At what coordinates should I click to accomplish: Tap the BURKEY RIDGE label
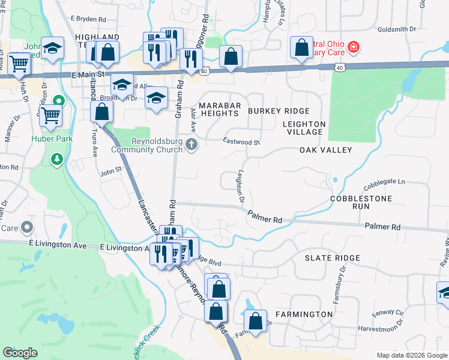pyautogui.click(x=279, y=111)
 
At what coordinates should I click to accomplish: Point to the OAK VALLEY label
pyautogui.click(x=325, y=150)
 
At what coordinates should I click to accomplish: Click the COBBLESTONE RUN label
pyautogui.click(x=361, y=202)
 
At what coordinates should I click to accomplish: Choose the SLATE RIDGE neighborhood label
pyautogui.click(x=332, y=258)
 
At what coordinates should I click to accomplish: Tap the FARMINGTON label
pyautogui.click(x=304, y=314)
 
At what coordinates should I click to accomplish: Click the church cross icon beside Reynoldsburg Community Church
pyautogui.click(x=191, y=143)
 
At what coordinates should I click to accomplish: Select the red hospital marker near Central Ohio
pyautogui.click(x=354, y=46)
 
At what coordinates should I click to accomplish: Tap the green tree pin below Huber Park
pyautogui.click(x=57, y=159)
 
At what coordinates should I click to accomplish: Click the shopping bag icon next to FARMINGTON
pyautogui.click(x=256, y=320)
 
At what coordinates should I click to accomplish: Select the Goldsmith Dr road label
pyautogui.click(x=396, y=29)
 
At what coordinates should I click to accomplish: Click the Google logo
pyautogui.click(x=20, y=353)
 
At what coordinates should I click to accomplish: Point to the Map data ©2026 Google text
pyautogui.click(x=411, y=355)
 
